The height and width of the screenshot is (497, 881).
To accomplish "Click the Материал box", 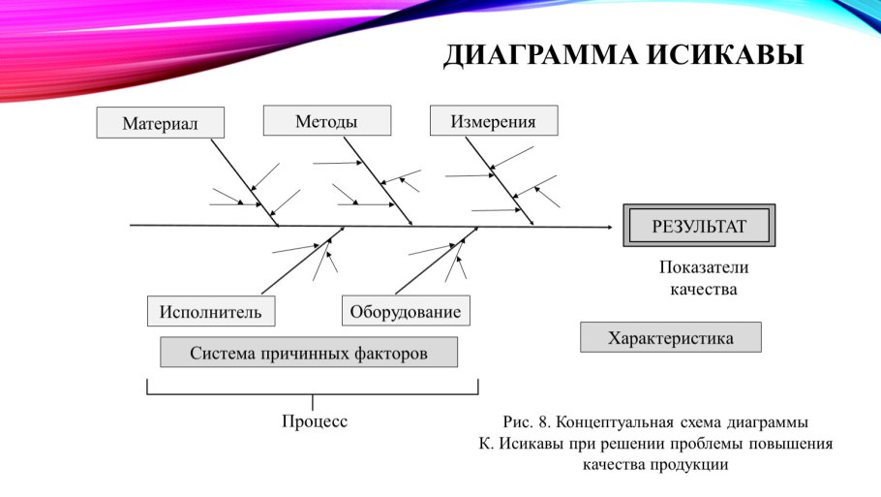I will click(160, 123).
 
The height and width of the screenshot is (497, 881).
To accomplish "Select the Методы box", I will click(326, 121).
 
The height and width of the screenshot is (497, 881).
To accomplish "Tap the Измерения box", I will click(493, 121).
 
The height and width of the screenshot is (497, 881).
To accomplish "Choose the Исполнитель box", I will click(211, 311).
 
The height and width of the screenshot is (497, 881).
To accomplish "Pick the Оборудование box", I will click(406, 311).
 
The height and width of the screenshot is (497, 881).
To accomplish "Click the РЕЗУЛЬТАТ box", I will click(699, 227).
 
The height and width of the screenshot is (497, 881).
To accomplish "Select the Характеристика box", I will click(670, 337).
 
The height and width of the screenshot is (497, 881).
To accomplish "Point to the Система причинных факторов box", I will click(308, 353).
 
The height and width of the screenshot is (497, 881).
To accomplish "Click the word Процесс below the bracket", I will click(315, 421).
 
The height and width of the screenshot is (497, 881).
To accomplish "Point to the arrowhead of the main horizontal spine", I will click(609, 227).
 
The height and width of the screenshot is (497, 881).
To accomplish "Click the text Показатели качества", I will click(704, 278).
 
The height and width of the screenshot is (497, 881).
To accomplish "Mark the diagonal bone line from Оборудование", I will click(437, 261).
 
